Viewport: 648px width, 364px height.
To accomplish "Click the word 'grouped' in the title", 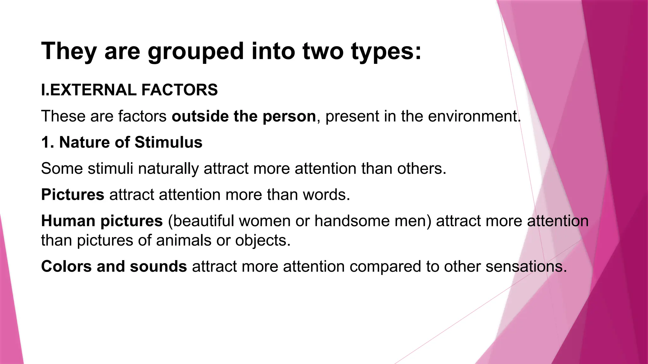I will [196, 52].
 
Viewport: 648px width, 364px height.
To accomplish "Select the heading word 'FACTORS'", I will [179, 90].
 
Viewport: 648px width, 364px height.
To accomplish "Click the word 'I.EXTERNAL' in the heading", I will [89, 90].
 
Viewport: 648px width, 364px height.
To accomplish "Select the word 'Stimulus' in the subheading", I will [168, 142].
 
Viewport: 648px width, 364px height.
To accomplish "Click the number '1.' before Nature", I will [48, 142].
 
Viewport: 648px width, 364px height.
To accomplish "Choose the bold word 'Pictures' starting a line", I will [72, 195].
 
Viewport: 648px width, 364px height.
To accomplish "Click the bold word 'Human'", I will [68, 221].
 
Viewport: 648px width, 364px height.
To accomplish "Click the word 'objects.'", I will [263, 240].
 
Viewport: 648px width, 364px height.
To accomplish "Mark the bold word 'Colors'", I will [66, 266].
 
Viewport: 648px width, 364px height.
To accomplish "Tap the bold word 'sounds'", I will [158, 266].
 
